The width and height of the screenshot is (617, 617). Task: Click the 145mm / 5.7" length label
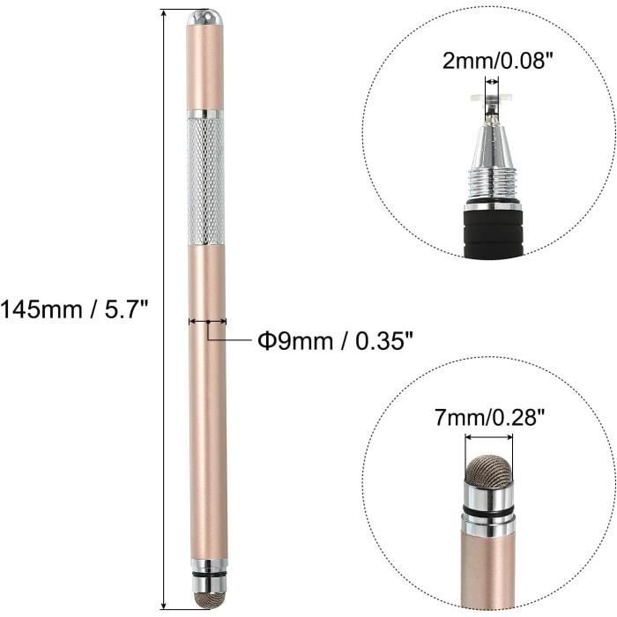coord(74,309)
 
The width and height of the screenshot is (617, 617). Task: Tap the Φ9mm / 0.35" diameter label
coord(335,340)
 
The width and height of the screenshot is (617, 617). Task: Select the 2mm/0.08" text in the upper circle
coord(493,63)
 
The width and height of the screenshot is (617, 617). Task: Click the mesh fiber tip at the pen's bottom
coord(205,597)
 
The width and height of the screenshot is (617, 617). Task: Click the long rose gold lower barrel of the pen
coord(207,423)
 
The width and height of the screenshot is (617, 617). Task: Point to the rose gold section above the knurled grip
coord(205,66)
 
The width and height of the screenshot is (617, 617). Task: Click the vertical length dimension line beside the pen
coord(165,308)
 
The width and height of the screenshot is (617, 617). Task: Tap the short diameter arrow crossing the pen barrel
coord(207,322)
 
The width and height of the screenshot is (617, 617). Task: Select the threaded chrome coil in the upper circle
coord(493,187)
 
